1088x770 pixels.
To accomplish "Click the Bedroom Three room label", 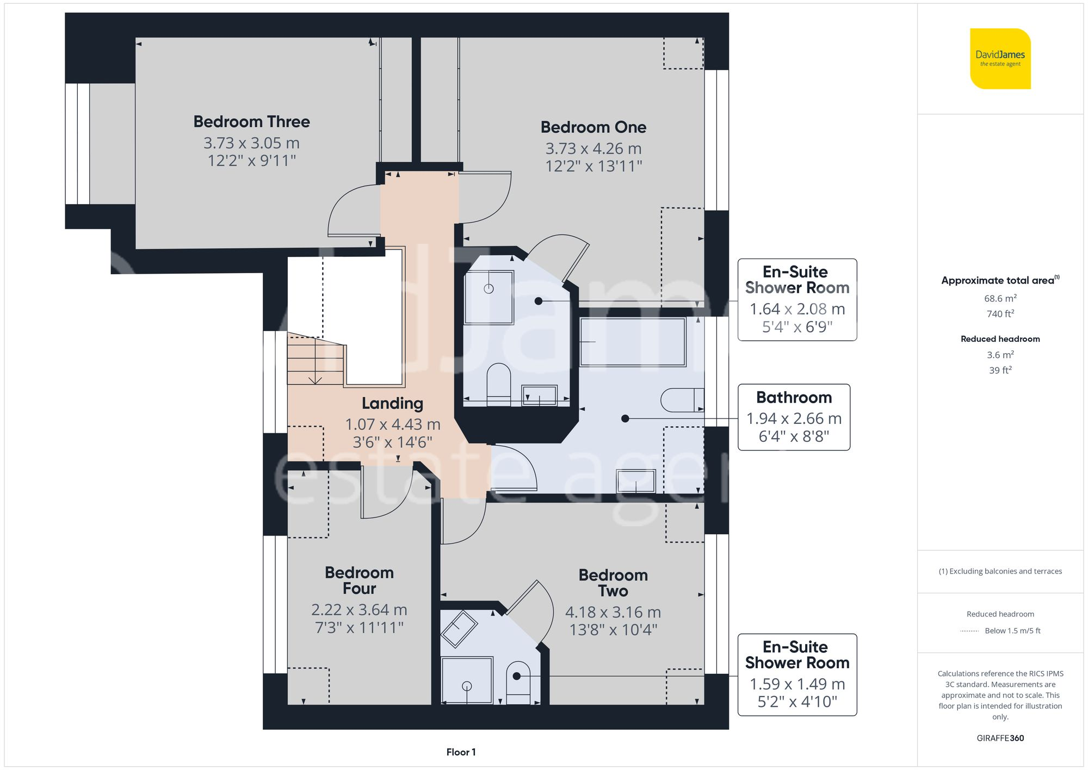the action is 251,121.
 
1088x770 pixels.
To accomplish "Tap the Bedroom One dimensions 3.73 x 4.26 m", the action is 594,148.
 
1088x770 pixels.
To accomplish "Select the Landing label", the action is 392,403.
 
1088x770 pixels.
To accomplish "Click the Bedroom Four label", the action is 359,580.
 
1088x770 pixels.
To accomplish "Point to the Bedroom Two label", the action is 613,583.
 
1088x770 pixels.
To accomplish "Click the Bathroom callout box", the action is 794,417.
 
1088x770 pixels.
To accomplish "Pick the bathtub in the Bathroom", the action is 633,342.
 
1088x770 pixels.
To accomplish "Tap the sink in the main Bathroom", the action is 635,481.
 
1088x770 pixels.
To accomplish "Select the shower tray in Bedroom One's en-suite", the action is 489,297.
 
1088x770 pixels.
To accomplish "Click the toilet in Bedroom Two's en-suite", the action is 518,683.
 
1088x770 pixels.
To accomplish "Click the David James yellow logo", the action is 1000,59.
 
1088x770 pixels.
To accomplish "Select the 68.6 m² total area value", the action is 1000,298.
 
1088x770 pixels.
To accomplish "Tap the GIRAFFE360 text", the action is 1000,738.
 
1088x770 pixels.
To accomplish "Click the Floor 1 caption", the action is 461,752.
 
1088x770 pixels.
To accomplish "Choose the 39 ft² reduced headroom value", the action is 1000,370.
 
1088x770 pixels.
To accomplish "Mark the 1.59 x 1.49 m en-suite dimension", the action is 797,683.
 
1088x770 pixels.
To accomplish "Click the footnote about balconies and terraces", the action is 1000,571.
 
